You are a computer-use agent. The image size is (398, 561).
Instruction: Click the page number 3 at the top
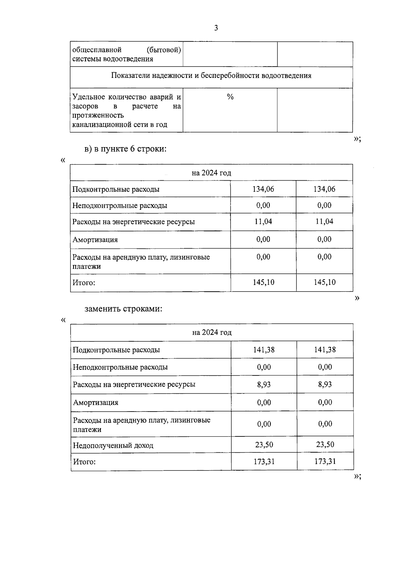[x=216, y=28]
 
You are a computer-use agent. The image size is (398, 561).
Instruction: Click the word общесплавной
[x=97, y=50]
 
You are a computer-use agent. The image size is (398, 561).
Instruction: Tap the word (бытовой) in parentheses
[x=164, y=50]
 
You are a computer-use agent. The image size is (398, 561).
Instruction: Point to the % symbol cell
[x=230, y=97]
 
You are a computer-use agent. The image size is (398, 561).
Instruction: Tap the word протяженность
[x=98, y=115]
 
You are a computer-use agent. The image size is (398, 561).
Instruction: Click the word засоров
[x=85, y=106]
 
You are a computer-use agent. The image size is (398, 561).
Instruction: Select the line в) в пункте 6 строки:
[x=125, y=149]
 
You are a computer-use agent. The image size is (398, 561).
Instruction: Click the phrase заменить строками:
[x=123, y=309]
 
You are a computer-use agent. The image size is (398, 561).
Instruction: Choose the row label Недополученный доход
[x=113, y=445]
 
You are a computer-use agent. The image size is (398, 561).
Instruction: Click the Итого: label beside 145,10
[x=84, y=283]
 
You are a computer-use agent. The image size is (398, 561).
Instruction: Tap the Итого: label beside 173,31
[x=84, y=462]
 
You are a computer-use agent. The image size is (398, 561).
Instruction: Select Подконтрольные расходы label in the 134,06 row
[x=116, y=189]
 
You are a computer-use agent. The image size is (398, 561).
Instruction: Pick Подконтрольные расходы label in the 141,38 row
[x=116, y=350]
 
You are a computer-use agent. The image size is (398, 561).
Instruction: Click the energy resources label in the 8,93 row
[x=134, y=384]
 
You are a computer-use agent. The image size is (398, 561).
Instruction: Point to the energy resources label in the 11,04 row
[x=133, y=222]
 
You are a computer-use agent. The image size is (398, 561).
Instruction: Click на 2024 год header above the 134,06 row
[x=211, y=173]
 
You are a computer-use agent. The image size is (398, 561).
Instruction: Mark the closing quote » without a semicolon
[x=357, y=298]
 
